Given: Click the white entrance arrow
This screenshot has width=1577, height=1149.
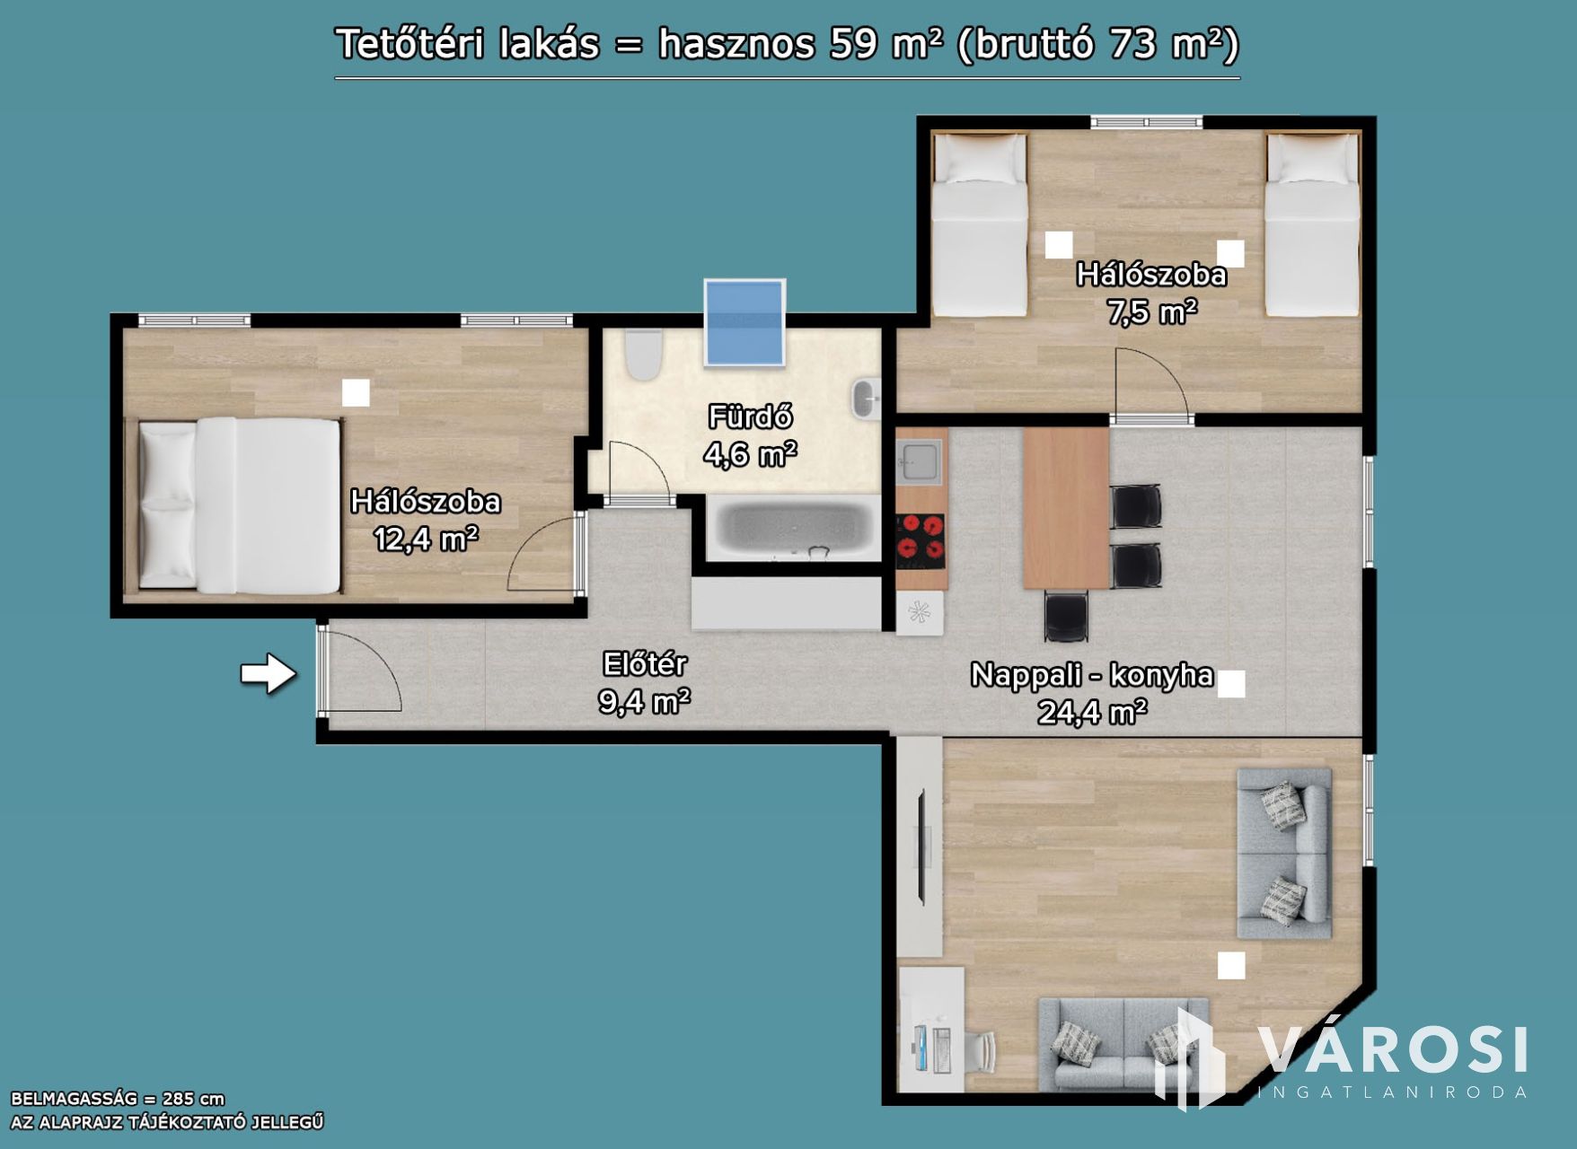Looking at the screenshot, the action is [269, 673].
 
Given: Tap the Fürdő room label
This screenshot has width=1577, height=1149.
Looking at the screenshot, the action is [750, 417].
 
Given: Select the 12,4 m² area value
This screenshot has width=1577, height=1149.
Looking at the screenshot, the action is [426, 539].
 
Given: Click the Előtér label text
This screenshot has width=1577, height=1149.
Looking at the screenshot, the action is [645, 664].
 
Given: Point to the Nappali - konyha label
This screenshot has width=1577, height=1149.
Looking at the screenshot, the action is [1092, 674].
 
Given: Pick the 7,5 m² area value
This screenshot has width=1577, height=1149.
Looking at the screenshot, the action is [1152, 312].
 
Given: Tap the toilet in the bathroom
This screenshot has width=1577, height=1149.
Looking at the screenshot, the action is [643, 355].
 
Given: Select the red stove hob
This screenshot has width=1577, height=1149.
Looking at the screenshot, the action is [921, 541].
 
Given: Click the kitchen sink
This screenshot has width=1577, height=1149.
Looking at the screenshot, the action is [919, 461].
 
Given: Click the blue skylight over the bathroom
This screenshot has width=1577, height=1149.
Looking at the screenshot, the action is [744, 323].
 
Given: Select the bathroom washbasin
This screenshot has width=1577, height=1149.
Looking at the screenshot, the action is [866, 399].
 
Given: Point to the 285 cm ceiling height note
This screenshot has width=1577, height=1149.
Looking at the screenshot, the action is [118, 1099].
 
